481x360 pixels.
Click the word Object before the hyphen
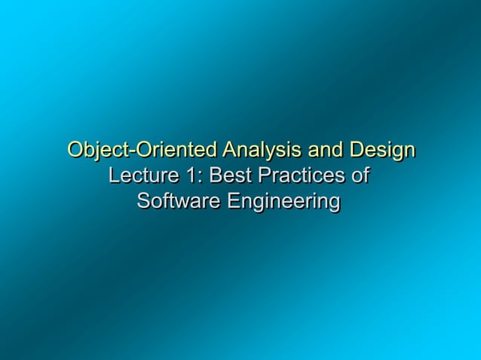[x=97, y=150]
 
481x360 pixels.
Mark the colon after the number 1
[x=197, y=178]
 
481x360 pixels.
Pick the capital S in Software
[x=143, y=202]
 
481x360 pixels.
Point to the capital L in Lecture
[x=115, y=176]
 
